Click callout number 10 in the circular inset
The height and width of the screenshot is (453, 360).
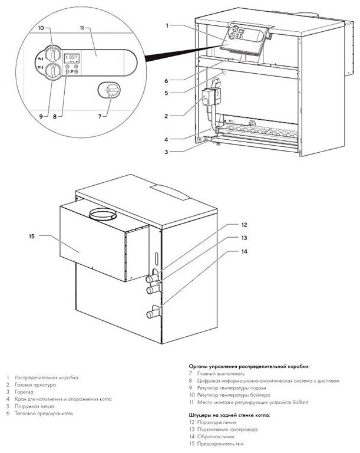[41, 28]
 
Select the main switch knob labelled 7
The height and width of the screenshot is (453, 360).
[111, 90]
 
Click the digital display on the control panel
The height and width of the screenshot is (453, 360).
[72, 57]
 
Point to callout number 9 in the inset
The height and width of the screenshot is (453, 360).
[41, 117]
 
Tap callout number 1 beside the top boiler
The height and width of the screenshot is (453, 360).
[168, 25]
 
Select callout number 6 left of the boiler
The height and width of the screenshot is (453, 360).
[167, 81]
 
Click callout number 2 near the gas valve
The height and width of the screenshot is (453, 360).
[167, 116]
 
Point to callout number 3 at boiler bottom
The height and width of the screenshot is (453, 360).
[167, 152]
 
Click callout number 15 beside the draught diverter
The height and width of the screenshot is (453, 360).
[32, 237]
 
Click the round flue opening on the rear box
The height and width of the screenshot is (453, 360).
[101, 212]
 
